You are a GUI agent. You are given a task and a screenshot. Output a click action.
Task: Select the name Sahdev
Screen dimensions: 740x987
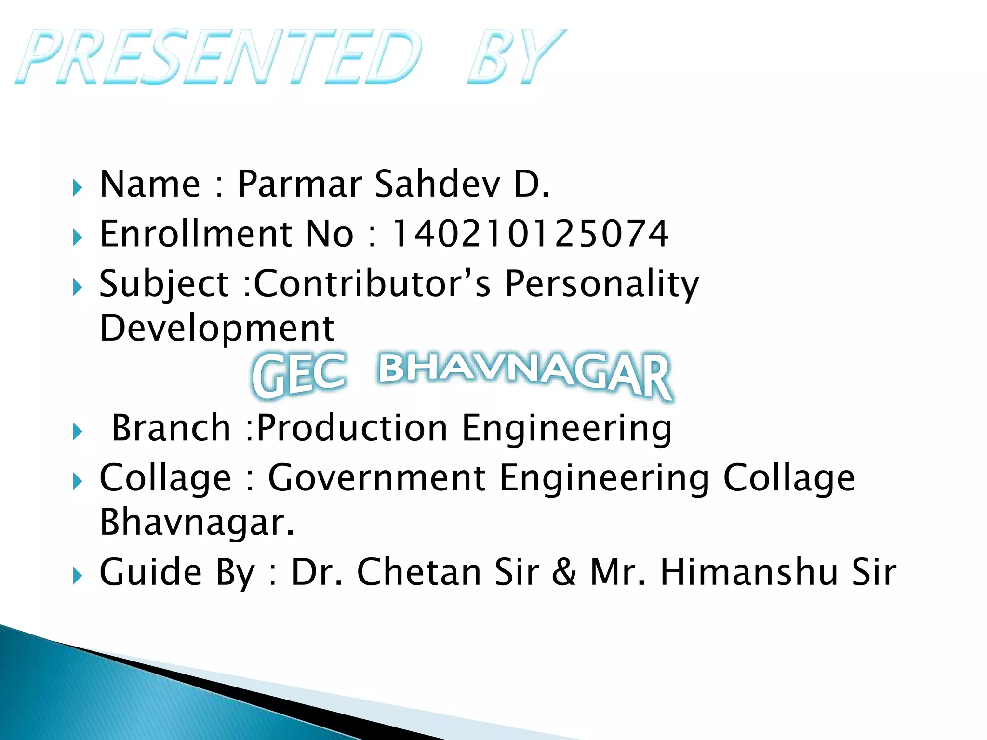coord(438,185)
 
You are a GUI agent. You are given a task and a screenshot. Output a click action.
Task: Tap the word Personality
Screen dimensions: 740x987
coord(601,284)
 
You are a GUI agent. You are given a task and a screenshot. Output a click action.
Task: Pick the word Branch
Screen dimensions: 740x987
coord(171,428)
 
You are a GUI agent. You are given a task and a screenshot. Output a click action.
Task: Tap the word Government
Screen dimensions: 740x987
coord(377,478)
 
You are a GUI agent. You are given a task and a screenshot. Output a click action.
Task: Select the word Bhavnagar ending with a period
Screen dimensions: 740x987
coord(197,523)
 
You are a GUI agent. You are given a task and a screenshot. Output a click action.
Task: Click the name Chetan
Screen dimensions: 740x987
coord(418,572)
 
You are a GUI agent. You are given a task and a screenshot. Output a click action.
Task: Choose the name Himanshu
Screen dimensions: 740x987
coord(749,572)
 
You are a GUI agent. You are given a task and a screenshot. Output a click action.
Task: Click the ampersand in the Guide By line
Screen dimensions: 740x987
coord(564,572)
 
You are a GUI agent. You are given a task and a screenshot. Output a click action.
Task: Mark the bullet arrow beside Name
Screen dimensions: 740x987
coord(77,187)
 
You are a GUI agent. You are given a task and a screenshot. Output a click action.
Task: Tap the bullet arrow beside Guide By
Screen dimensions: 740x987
coord(77,575)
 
